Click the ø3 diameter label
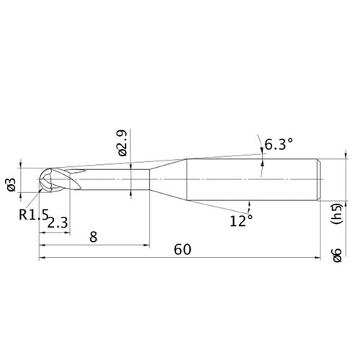point(12,185)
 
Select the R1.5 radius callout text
point(34,215)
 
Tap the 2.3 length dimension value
point(58,222)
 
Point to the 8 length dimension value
point(94,237)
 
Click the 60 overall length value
point(183,249)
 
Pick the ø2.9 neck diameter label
point(122,143)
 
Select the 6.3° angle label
point(279,144)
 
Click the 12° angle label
point(241,221)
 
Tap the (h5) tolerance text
point(336,214)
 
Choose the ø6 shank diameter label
point(336,256)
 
